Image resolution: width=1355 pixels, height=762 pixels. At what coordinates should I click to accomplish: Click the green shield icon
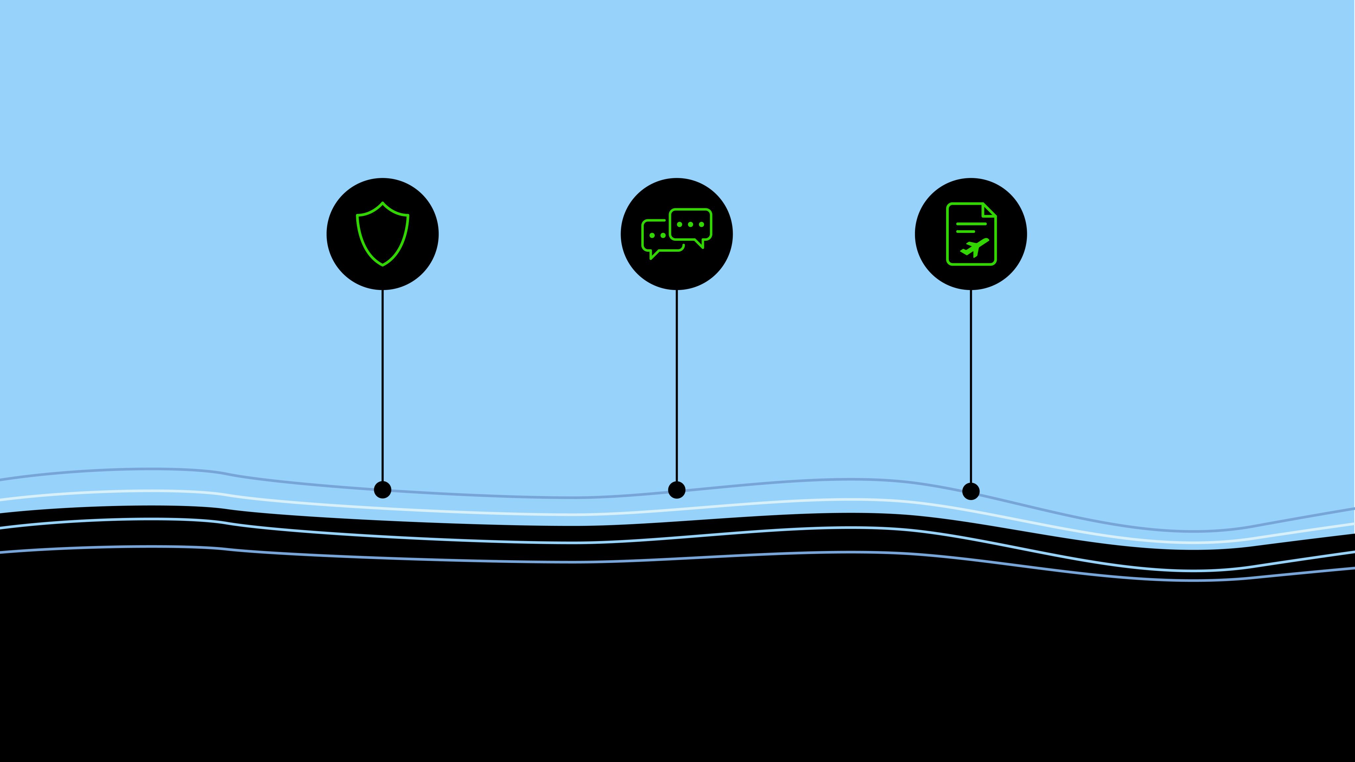382,234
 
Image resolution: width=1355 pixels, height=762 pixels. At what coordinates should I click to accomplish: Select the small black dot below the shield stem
382,489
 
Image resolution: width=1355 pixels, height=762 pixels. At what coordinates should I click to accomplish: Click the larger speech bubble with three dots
691,225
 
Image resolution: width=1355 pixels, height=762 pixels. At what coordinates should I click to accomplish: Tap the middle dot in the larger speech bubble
691,225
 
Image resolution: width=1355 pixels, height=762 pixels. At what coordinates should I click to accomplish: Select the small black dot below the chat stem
677,489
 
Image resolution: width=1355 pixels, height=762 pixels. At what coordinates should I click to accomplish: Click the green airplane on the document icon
975,247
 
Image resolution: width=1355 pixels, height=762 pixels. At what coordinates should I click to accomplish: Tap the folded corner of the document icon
988,210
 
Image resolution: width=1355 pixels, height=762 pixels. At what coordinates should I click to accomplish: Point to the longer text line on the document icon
971,224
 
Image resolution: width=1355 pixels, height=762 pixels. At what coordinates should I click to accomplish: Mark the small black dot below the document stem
971,491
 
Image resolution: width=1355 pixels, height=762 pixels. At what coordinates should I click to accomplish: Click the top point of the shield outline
382,202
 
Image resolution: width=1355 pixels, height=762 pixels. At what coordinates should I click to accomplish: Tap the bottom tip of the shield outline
382,265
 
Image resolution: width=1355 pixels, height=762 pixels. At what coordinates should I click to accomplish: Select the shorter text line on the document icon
965,232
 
